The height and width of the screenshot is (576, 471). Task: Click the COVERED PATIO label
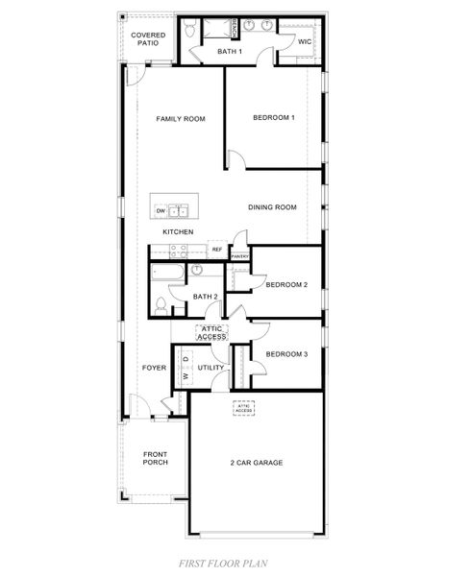click(x=148, y=39)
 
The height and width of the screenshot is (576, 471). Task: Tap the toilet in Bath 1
click(x=190, y=31)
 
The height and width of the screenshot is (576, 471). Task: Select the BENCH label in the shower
click(x=234, y=28)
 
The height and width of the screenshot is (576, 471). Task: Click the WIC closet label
click(x=304, y=42)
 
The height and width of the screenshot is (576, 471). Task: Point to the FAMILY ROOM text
click(x=182, y=119)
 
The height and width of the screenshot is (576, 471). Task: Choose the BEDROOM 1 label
click(x=273, y=117)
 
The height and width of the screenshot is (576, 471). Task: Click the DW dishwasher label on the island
click(x=161, y=210)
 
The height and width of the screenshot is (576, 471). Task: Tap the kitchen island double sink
click(x=178, y=210)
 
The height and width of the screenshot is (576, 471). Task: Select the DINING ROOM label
click(x=271, y=207)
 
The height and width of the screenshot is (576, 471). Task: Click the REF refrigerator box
click(x=216, y=250)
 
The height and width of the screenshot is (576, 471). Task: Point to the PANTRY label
click(x=239, y=256)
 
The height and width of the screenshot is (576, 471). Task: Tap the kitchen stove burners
click(x=178, y=252)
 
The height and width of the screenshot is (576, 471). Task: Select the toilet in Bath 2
click(x=161, y=305)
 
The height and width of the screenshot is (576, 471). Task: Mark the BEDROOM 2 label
click(x=286, y=285)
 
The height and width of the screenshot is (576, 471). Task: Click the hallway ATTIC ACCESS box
click(x=211, y=333)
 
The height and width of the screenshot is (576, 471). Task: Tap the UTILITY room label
click(x=211, y=368)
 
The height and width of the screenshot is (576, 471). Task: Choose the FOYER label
click(x=154, y=368)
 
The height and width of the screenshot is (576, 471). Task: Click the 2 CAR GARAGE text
click(x=256, y=463)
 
